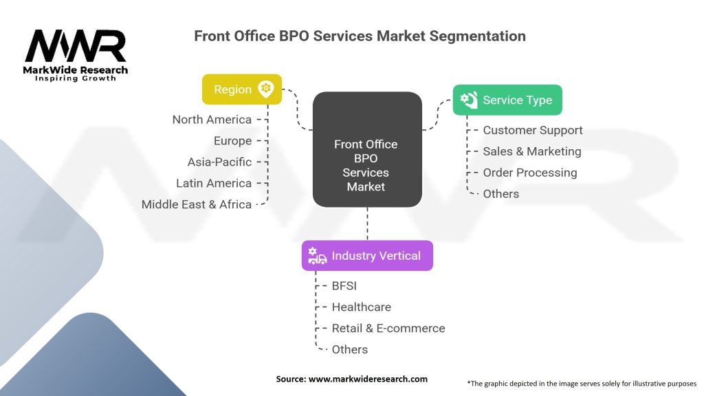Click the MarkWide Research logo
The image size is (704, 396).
pyautogui.click(x=76, y=55)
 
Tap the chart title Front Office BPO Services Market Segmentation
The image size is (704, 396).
pyautogui.click(x=360, y=36)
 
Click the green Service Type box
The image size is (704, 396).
pyautogui.click(x=507, y=100)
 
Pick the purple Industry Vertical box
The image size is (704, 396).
pyautogui.click(x=367, y=256)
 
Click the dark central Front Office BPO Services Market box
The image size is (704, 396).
pyautogui.click(x=367, y=150)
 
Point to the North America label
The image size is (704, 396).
pyautogui.click(x=212, y=120)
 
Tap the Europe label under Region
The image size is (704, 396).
pyautogui.click(x=232, y=141)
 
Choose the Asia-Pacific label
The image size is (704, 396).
pyautogui.click(x=219, y=162)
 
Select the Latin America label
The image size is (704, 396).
pyautogui.click(x=214, y=184)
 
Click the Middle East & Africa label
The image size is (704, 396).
pyautogui.click(x=197, y=204)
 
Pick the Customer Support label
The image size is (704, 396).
pyautogui.click(x=532, y=131)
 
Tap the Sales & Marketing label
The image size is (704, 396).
pyautogui.click(x=531, y=151)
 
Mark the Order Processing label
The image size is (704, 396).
pyautogui.click(x=529, y=173)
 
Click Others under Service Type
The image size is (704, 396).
pyautogui.click(x=500, y=194)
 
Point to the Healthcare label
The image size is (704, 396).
pyautogui.click(x=361, y=307)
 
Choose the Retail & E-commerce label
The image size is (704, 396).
pyautogui.click(x=388, y=329)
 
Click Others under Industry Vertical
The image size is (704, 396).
pyautogui.click(x=349, y=350)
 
